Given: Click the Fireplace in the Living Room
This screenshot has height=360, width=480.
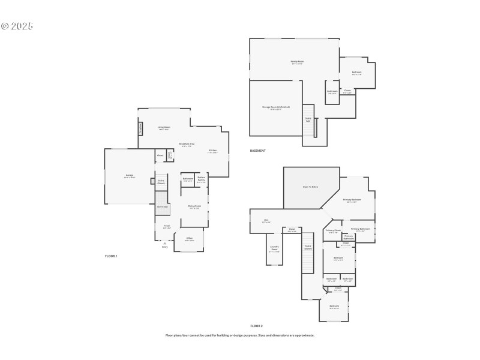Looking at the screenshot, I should [141, 128].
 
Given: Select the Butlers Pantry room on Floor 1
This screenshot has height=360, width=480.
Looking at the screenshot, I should [201, 179].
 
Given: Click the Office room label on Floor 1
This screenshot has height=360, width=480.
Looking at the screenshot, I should [189, 239].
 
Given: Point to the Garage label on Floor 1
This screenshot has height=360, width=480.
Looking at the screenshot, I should [129, 176].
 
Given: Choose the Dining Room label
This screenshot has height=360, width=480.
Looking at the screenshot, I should [194, 206].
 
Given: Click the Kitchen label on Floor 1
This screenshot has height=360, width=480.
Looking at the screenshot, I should [212, 151].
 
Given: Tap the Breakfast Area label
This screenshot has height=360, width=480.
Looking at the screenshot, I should [186, 144].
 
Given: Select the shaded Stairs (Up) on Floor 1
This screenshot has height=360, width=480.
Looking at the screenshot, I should [162, 207].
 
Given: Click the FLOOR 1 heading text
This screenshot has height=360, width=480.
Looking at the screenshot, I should [111, 256].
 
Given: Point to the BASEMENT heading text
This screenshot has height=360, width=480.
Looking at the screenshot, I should [257, 151].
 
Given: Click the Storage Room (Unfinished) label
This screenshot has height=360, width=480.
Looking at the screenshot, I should [276, 107].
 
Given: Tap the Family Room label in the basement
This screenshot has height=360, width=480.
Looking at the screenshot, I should [297, 62].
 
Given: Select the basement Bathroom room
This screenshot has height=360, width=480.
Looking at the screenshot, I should [332, 92].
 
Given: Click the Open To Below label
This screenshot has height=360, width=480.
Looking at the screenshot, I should [310, 187].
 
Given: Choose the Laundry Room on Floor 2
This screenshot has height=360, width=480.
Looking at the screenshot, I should [274, 248].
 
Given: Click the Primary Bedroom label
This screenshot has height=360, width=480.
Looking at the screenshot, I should [352, 200].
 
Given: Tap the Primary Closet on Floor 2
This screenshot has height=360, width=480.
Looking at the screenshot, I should [333, 231].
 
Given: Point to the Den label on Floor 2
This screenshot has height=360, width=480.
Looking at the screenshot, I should [266, 221].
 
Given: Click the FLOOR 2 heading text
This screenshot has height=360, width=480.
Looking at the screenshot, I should [256, 326].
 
